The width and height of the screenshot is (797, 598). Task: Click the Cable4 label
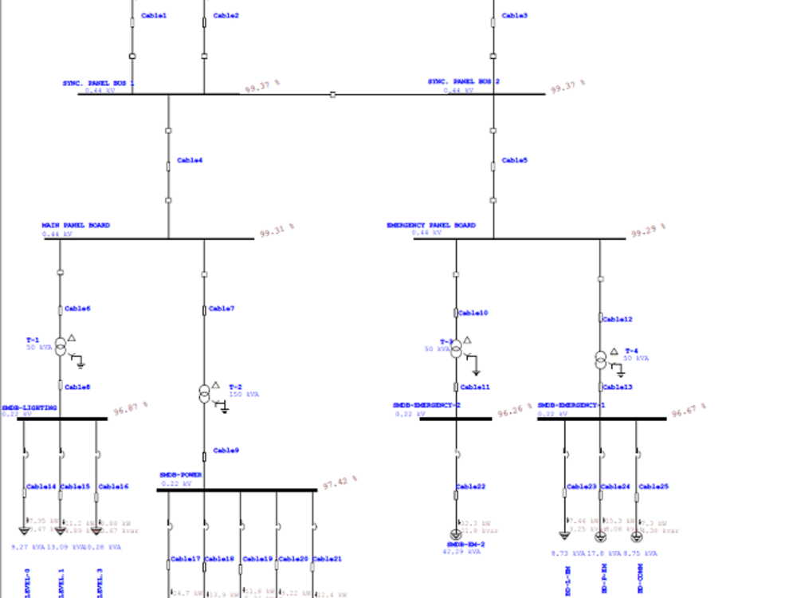tap(190, 160)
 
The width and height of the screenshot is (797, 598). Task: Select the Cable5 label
tap(514, 160)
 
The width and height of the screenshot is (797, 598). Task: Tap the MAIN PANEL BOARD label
tap(76, 226)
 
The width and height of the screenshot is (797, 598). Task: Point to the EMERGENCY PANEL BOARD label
tap(431, 226)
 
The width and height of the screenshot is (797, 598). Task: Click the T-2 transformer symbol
tap(204, 393)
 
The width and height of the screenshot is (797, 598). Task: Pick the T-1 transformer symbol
tap(60, 347)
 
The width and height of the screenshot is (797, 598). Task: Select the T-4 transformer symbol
tap(600, 360)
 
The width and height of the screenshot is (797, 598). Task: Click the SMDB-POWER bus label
tap(181, 474)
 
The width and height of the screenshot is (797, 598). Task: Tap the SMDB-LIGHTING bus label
tap(29, 407)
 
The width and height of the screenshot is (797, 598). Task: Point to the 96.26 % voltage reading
tap(514, 412)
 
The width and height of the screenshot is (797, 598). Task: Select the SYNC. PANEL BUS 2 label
tap(464, 81)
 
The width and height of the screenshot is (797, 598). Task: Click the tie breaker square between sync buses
tap(332, 94)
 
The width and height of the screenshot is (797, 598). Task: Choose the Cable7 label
tap(221, 309)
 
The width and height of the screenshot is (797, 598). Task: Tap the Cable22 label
tap(471, 486)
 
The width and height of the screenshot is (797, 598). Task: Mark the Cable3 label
tap(514, 15)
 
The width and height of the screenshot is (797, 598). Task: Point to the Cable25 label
tap(654, 486)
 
